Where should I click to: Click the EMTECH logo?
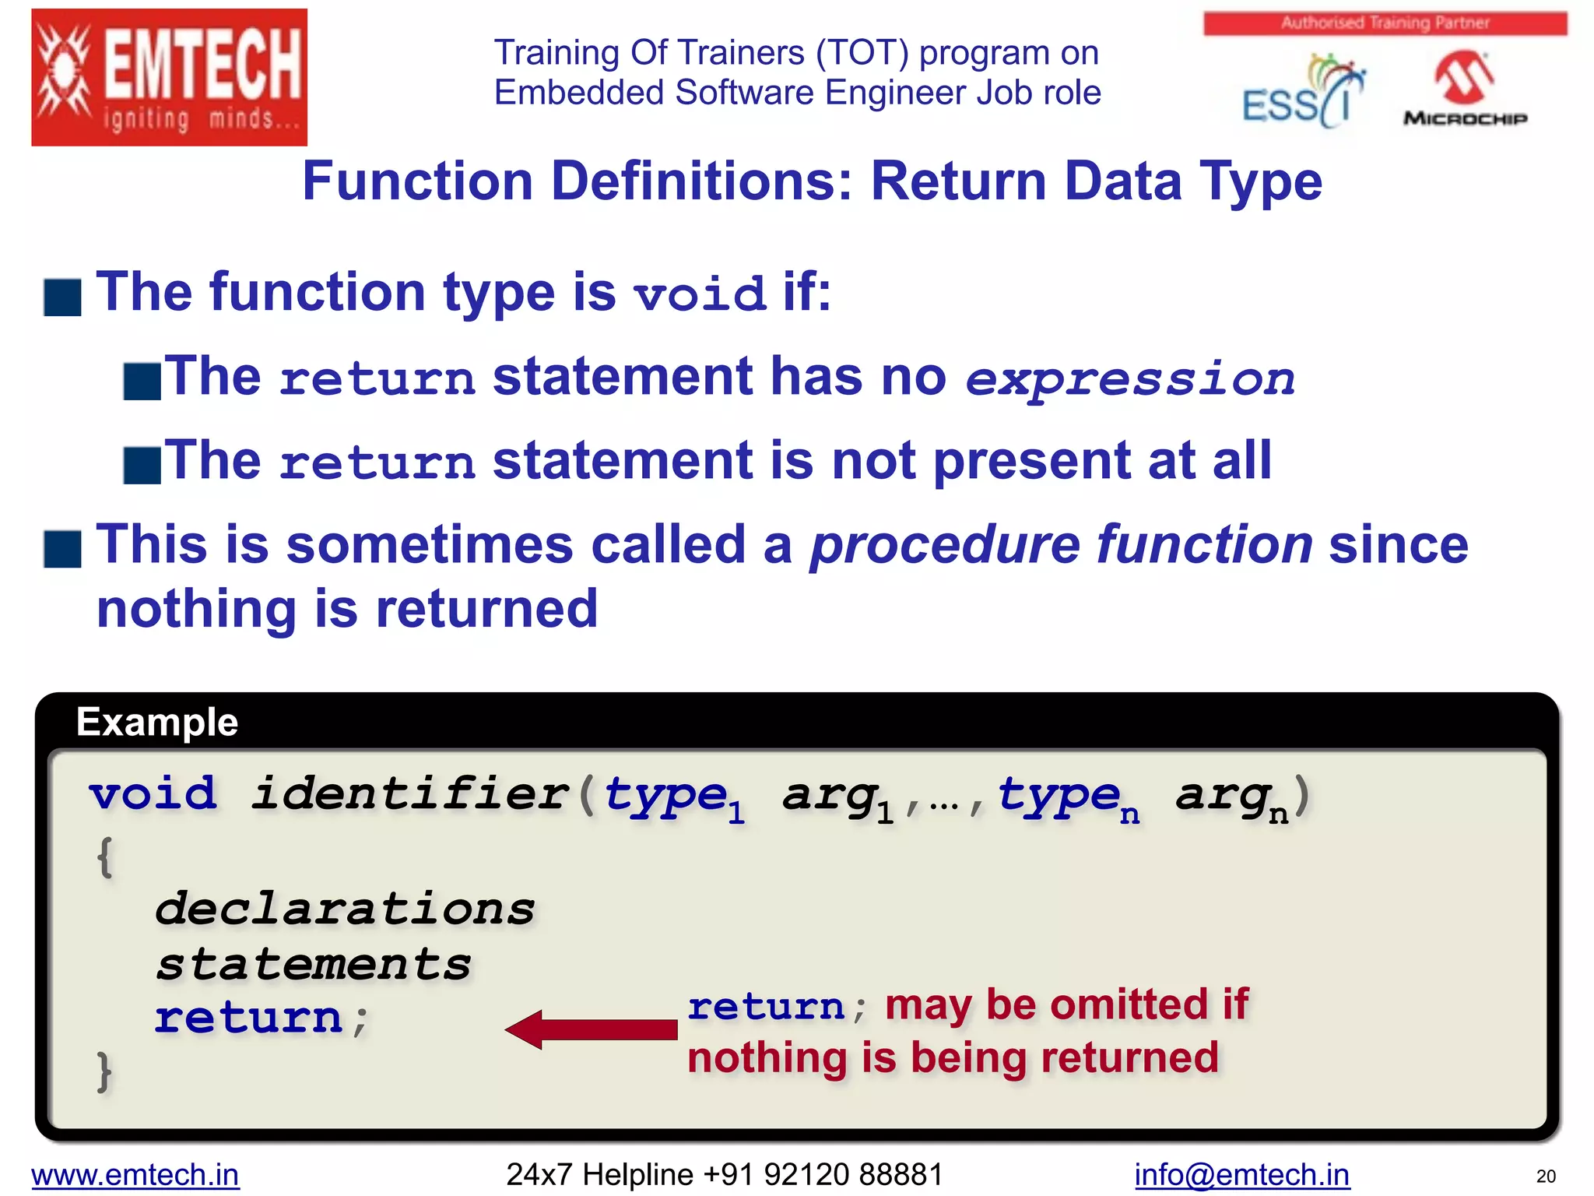click(x=169, y=78)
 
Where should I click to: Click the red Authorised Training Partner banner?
click(x=1385, y=23)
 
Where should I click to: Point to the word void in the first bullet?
click(x=700, y=295)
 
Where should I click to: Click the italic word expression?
click(x=1129, y=379)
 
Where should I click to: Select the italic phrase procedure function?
click(x=1062, y=544)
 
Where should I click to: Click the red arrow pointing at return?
click(x=592, y=1029)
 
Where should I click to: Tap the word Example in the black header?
click(x=157, y=722)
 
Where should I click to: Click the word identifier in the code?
click(x=410, y=794)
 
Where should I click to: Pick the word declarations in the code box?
click(x=345, y=909)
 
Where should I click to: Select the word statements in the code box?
click(x=313, y=964)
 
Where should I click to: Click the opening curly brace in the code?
click(x=105, y=857)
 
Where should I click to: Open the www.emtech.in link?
click(x=135, y=1174)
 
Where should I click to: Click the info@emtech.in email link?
click(x=1241, y=1174)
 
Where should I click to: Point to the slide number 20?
click(x=1546, y=1176)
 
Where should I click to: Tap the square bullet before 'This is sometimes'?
click(x=63, y=549)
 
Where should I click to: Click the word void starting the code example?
click(x=153, y=794)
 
